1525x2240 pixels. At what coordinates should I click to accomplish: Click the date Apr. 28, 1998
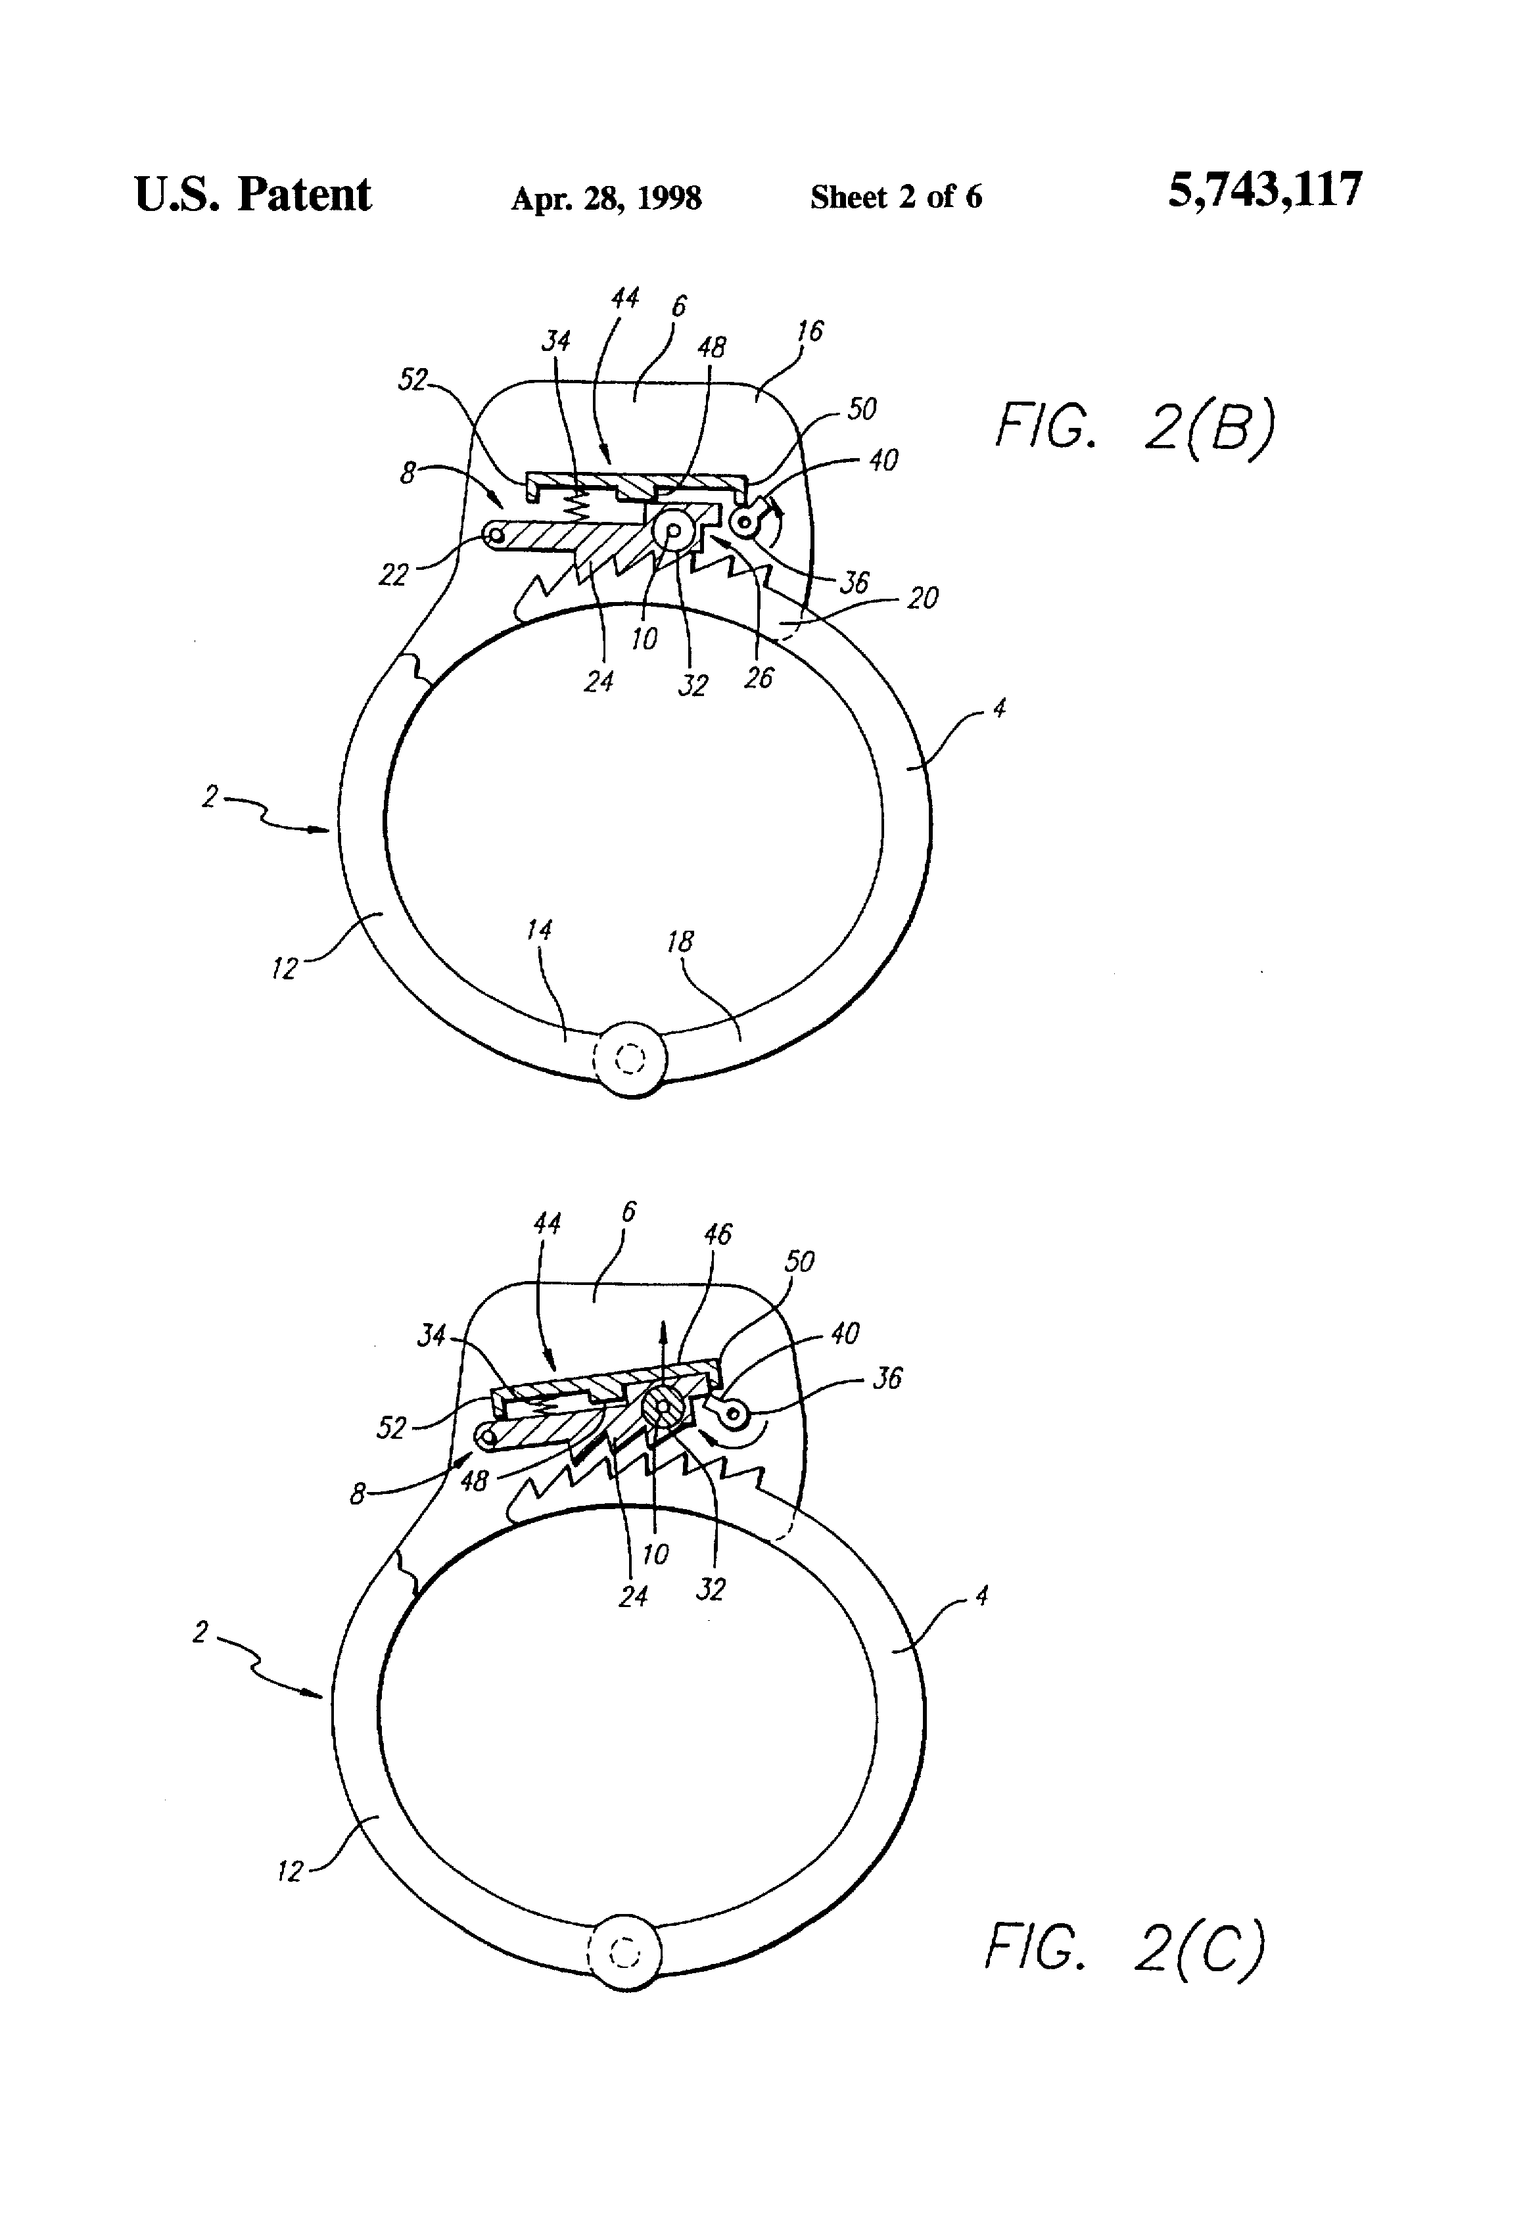[605, 198]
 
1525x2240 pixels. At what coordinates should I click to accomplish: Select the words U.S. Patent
[252, 194]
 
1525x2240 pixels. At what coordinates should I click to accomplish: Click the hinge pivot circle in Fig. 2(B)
[632, 1060]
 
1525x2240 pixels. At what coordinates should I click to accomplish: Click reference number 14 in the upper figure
[539, 930]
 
